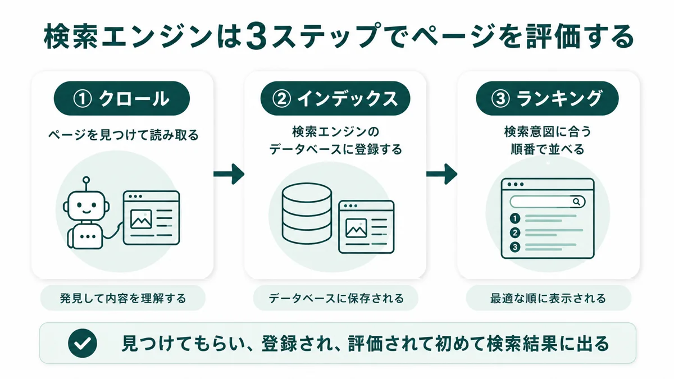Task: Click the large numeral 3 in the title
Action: [256, 37]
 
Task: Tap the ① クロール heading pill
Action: [121, 98]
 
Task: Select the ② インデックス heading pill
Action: [335, 98]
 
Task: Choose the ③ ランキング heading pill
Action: [547, 98]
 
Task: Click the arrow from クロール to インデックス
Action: [229, 174]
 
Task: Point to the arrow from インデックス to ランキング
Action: [441, 174]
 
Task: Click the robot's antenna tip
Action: [86, 180]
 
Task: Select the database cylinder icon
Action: [307, 213]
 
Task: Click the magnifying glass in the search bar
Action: [576, 202]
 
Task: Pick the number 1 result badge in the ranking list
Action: [515, 218]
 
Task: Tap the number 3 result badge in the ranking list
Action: [515, 247]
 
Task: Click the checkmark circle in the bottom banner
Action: [83, 343]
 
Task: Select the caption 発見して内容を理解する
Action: [123, 298]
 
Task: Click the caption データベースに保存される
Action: [336, 298]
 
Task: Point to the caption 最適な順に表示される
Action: [548, 298]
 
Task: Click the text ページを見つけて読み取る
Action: [124, 135]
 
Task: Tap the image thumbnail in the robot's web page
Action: [141, 219]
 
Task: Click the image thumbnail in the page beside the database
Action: [356, 229]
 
